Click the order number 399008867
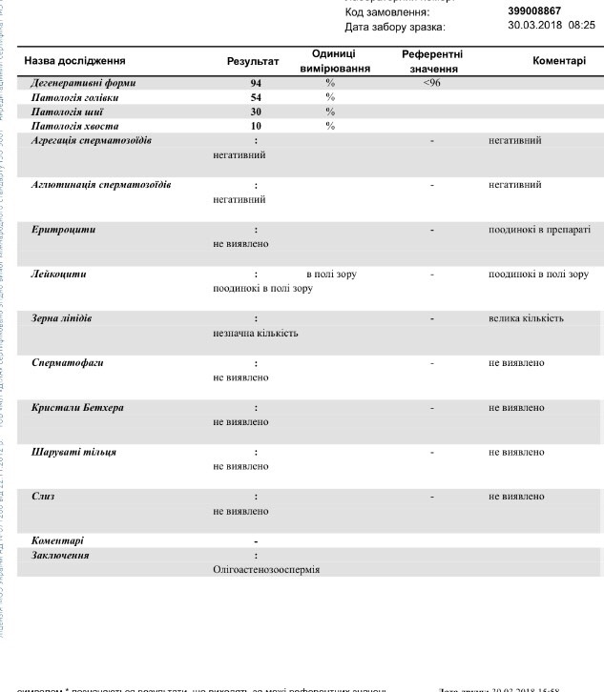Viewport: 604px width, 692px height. click(x=534, y=11)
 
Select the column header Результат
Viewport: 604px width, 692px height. click(x=253, y=61)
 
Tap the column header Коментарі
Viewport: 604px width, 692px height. click(x=559, y=60)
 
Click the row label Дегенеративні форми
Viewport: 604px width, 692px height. click(x=84, y=83)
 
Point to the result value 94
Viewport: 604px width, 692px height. click(x=256, y=83)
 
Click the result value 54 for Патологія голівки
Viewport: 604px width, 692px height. click(x=256, y=97)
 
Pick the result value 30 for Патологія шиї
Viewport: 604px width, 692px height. click(x=256, y=112)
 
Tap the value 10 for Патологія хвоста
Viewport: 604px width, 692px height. click(x=256, y=126)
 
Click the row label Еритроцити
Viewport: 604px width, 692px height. click(x=64, y=230)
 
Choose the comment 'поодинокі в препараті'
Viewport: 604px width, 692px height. click(x=539, y=230)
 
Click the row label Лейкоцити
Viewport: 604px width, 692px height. click(x=59, y=274)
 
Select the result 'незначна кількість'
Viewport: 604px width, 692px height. click(x=256, y=333)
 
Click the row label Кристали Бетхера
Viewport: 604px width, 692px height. click(x=78, y=408)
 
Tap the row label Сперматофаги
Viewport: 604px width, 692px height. click(x=68, y=363)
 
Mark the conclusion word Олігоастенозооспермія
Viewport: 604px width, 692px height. click(x=266, y=569)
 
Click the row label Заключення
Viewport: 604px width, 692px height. click(x=61, y=555)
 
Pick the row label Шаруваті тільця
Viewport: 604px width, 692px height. click(x=74, y=452)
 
